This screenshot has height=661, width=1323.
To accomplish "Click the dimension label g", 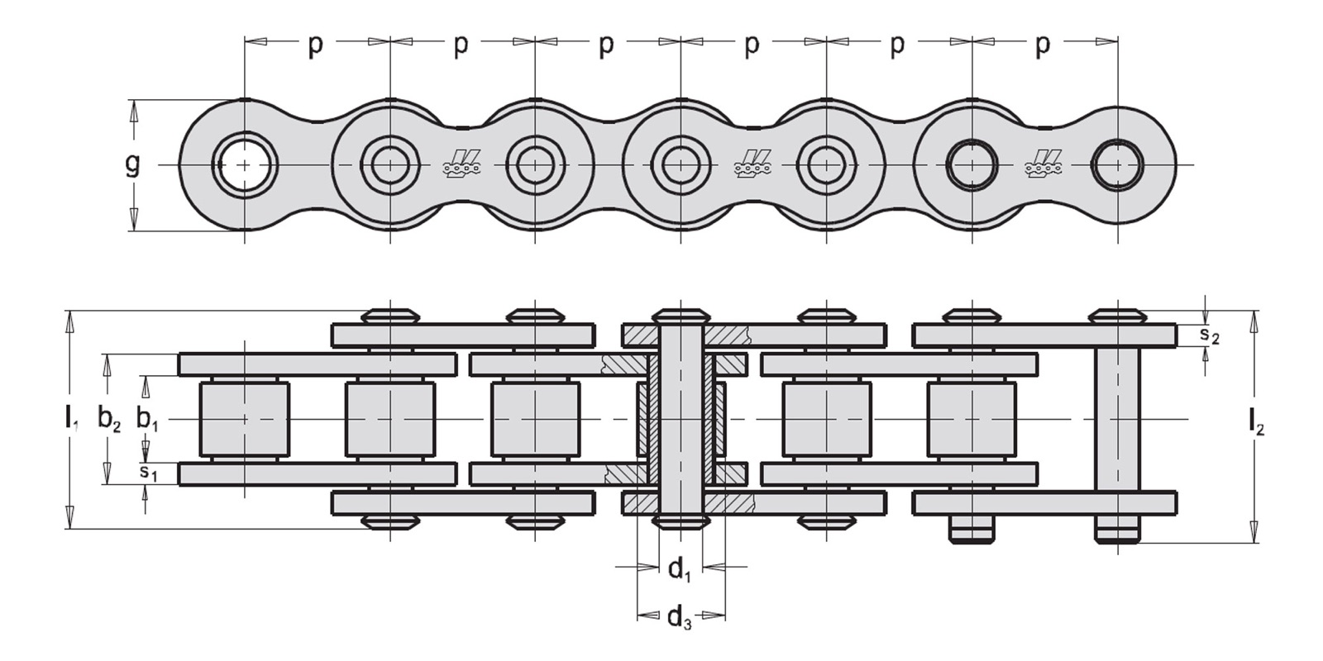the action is point(133,164).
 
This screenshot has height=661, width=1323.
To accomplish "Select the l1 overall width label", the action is point(71,418).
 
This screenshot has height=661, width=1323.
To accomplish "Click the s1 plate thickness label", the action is point(148,473).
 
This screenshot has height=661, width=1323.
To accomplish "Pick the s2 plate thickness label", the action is point(1209,335).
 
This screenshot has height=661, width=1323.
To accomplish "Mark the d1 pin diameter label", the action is point(680,570).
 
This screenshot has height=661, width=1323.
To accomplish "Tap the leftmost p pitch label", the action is point(316,46).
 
